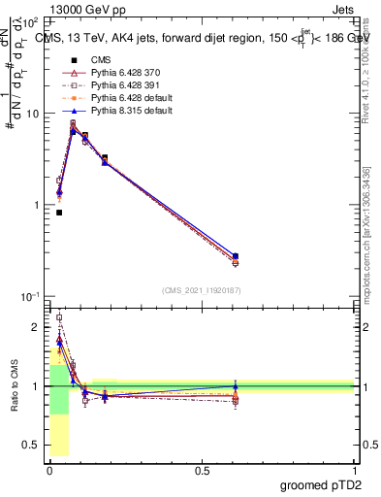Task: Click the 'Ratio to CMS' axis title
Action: (x=14, y=386)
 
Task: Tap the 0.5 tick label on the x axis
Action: (x=202, y=469)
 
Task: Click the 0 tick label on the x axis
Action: (x=49, y=469)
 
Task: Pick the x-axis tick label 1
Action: (x=354, y=469)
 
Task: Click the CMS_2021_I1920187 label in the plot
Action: (x=202, y=290)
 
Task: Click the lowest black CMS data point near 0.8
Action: (x=59, y=213)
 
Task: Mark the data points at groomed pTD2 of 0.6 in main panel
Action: (x=262, y=258)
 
